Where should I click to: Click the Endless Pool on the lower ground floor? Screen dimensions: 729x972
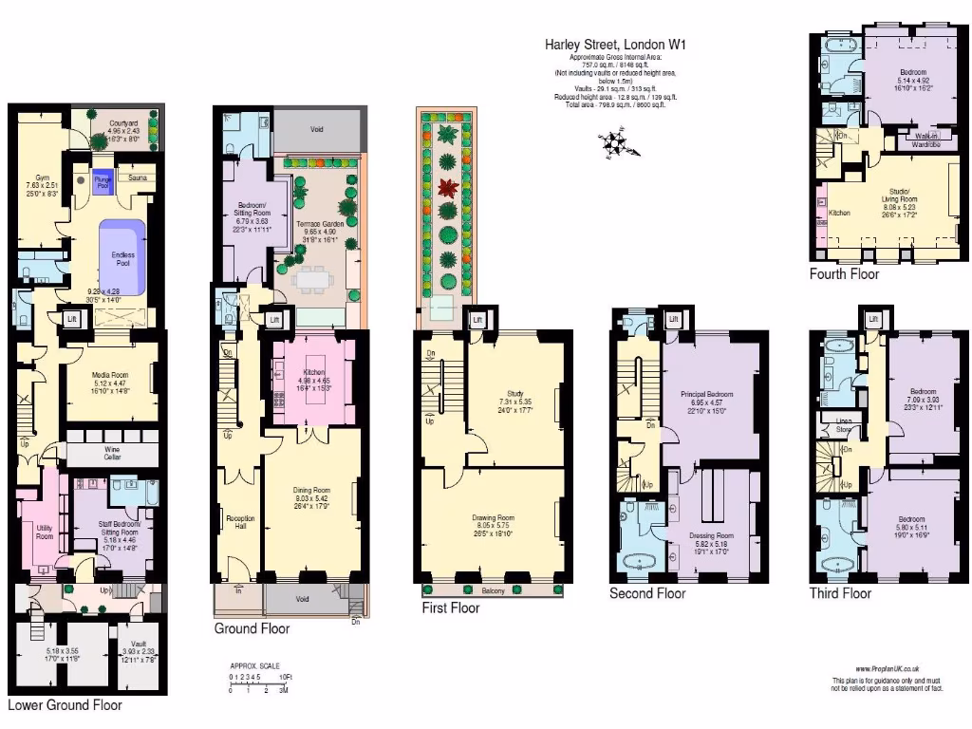pos(122,257)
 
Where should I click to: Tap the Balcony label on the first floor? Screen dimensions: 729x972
pos(493,590)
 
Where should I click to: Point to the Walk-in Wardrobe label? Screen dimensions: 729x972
pos(926,140)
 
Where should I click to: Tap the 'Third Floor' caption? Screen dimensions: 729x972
pos(839,594)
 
